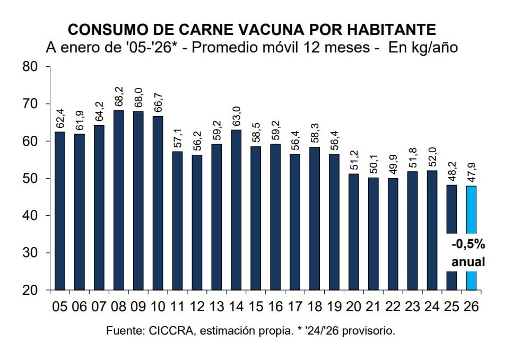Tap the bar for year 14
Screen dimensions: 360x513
[237, 209]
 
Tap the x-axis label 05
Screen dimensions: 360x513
[60, 307]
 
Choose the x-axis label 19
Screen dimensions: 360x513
[334, 307]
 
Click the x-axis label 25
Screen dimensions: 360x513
[451, 307]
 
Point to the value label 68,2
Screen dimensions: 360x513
[119, 97]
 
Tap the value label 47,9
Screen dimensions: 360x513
[471, 173]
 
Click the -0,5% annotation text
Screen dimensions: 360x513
[468, 245]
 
